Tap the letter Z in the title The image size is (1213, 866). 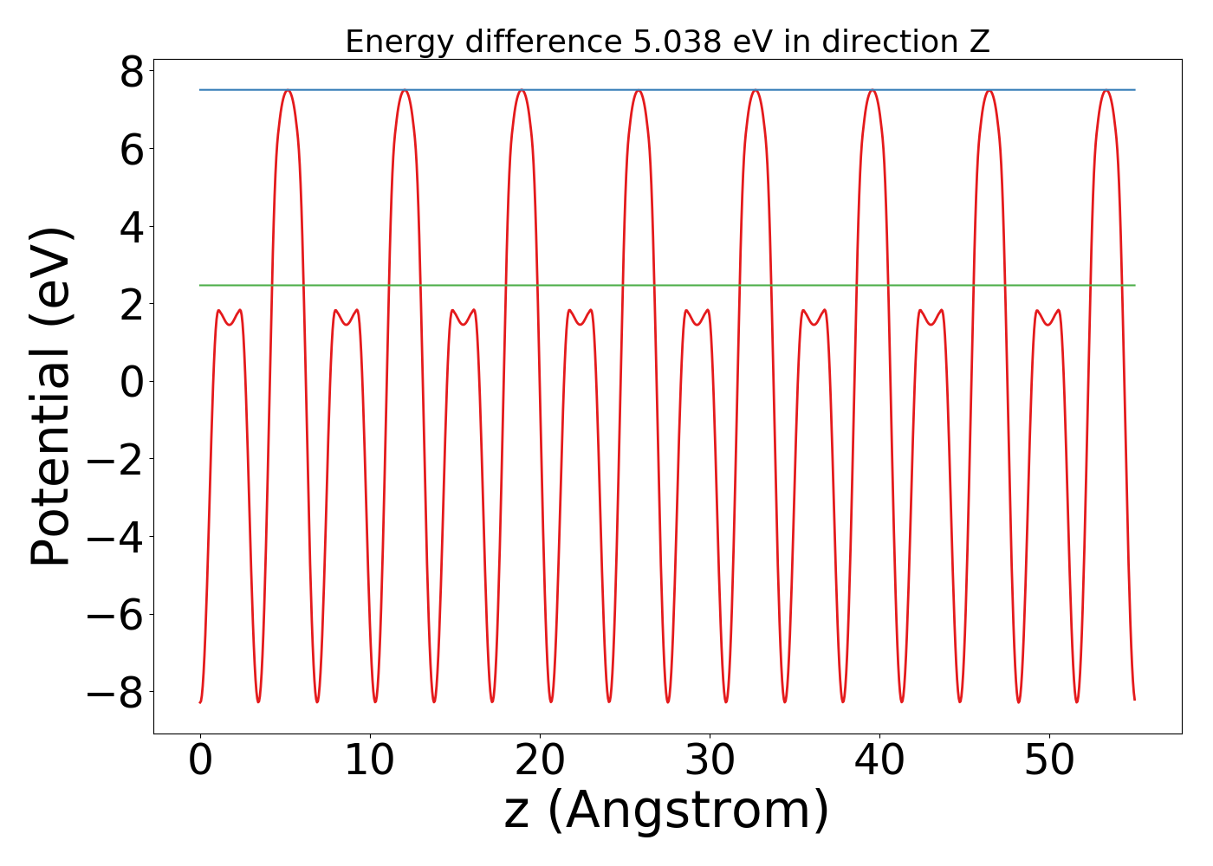click(979, 42)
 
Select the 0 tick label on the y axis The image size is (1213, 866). click(132, 382)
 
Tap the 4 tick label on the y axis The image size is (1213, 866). click(132, 227)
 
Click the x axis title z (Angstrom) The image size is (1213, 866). click(666, 811)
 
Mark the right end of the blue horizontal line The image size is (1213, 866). click(1134, 90)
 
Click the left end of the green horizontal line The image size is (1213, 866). click(200, 285)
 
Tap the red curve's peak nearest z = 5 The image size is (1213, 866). click(288, 91)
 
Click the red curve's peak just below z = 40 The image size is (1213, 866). click(872, 91)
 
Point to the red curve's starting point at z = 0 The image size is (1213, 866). click(200, 701)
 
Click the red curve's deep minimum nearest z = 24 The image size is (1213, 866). click(609, 701)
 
